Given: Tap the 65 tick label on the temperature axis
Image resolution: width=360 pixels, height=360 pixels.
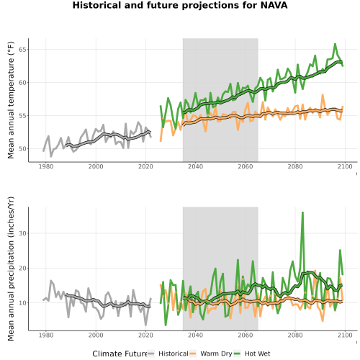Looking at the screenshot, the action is coord(23,50).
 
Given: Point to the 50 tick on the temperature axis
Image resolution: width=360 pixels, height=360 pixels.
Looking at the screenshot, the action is coord(23,149).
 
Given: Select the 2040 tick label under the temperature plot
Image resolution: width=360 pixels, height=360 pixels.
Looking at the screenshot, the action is coord(195,166).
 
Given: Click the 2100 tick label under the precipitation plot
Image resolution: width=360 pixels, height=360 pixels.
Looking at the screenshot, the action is coord(345,335).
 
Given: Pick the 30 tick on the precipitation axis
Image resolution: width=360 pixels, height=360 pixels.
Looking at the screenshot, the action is coord(23,233).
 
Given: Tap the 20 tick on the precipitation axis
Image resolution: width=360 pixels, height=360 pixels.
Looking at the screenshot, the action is coord(23,268).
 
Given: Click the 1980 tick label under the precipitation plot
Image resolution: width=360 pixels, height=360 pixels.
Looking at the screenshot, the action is coord(46,335).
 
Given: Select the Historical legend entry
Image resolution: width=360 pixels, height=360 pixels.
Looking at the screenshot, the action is coord(168,354).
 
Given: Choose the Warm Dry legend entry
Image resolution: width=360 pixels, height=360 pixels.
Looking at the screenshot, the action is coord(211,354).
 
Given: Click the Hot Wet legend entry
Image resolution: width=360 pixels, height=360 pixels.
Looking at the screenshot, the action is coord(252,354).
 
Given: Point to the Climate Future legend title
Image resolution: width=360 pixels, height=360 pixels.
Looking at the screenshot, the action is coord(120,354).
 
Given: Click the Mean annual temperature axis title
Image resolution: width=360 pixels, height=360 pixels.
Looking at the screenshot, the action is coord(11,100).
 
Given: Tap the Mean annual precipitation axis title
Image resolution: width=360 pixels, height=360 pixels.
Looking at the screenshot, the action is coord(11,269).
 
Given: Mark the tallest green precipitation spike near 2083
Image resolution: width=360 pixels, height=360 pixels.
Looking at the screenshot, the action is coord(302,212).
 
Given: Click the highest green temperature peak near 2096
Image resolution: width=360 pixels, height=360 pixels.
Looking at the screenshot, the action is coord(335,44).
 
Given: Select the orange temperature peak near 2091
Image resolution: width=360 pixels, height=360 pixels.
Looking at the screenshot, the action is coord(323,95).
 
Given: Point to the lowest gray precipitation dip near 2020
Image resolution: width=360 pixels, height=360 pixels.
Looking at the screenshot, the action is coord(145,325).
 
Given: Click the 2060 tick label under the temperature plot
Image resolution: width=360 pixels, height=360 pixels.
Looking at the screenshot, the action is coord(246,166).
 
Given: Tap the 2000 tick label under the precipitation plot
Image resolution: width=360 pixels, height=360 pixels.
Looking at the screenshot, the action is coord(96,335).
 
